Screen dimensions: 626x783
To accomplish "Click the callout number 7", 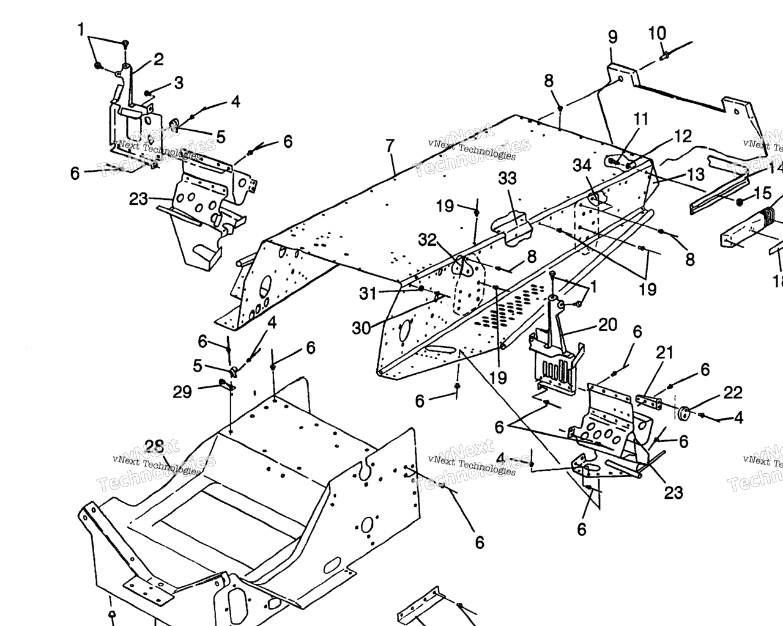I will [390, 145].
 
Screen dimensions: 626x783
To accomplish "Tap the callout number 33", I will [507, 179].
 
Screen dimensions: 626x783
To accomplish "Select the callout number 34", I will [582, 165].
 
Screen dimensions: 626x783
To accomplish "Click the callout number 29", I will [182, 392].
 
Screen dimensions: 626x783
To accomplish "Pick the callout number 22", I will [733, 393].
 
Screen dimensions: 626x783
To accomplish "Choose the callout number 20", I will [607, 325].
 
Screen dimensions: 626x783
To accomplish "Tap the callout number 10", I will [657, 33].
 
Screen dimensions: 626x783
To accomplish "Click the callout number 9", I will [613, 37].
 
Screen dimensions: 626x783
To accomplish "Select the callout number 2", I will [158, 59].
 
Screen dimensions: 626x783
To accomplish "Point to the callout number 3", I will [178, 83].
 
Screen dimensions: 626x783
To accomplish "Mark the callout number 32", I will [428, 240].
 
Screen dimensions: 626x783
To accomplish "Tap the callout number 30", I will [361, 328].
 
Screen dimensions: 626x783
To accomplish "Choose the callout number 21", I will [664, 352].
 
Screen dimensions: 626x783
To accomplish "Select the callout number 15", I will [763, 194].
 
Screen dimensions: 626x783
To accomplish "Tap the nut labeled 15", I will [740, 202].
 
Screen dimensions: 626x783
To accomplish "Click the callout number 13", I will [696, 175].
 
